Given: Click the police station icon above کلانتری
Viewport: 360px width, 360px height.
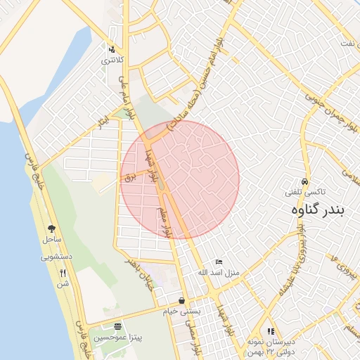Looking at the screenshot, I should (111, 49).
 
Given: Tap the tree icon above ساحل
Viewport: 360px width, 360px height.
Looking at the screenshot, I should (51, 229).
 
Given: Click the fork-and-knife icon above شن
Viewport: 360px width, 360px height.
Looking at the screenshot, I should (63, 273).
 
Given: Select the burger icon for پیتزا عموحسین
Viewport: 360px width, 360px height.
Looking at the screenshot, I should (117, 327).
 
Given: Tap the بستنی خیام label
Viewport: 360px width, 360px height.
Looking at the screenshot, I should (182, 311).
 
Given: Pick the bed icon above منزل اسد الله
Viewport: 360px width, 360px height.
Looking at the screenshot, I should (219, 262).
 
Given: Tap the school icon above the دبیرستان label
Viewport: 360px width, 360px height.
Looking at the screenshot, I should (270, 331).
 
